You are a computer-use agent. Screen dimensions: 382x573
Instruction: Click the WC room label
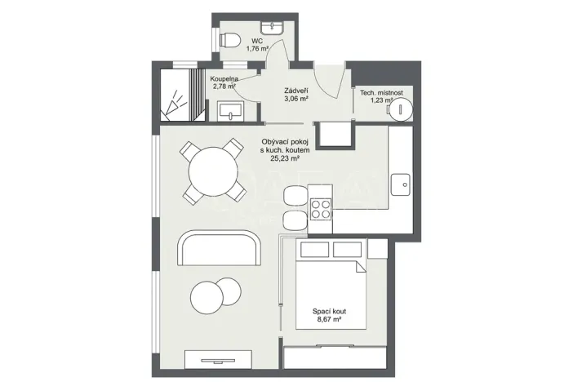pyautogui.click(x=257, y=40)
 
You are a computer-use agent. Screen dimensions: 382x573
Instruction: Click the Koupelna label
pyautogui.click(x=224, y=78)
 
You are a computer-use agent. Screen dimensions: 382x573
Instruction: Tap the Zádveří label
pyautogui.click(x=295, y=91)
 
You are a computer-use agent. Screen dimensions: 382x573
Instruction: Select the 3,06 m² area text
pyautogui.click(x=295, y=100)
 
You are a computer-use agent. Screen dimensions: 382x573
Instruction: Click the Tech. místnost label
pyautogui.click(x=383, y=93)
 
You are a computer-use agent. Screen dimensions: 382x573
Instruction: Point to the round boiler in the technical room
pyautogui.click(x=401, y=111)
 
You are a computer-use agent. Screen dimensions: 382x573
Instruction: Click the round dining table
pyautogui.click(x=213, y=171)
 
